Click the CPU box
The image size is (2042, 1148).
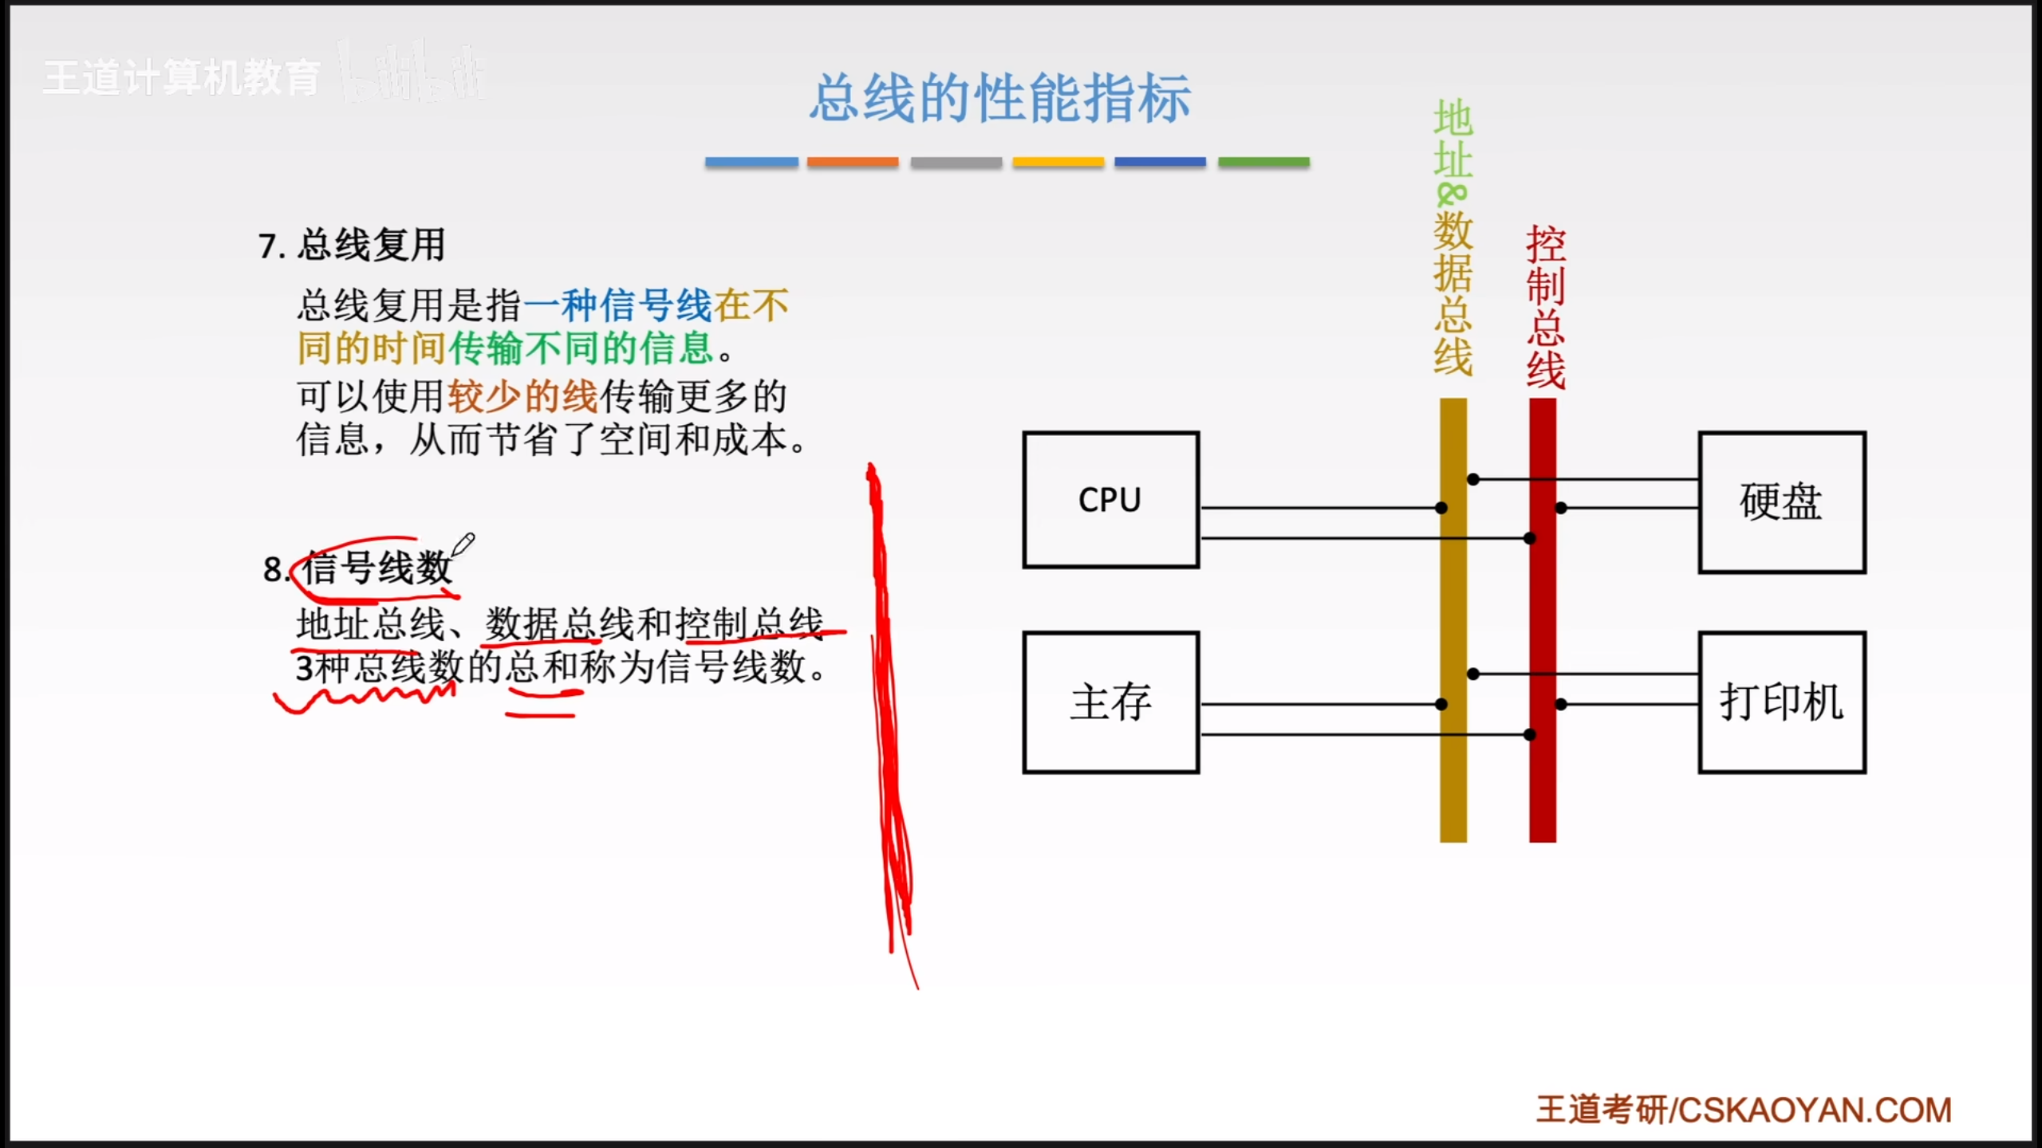(1110, 500)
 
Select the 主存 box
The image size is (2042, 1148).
(1110, 702)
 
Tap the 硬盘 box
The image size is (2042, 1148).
(1781, 502)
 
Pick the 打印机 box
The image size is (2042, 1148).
(1781, 702)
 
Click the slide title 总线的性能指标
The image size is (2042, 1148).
(1000, 99)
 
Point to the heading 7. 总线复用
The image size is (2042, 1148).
(352, 245)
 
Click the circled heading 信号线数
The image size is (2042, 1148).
(376, 568)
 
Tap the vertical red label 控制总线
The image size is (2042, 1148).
(1545, 307)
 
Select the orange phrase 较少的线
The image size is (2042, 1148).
(522, 396)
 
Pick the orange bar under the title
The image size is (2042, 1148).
(853, 162)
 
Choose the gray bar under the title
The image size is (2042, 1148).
(956, 162)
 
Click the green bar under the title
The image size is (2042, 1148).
(1263, 162)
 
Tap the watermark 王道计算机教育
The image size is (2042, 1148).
(182, 78)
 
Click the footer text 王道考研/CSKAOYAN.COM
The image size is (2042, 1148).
(1744, 1110)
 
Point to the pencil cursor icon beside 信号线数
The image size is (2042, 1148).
(463, 545)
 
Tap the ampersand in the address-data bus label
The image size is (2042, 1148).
(1451, 195)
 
